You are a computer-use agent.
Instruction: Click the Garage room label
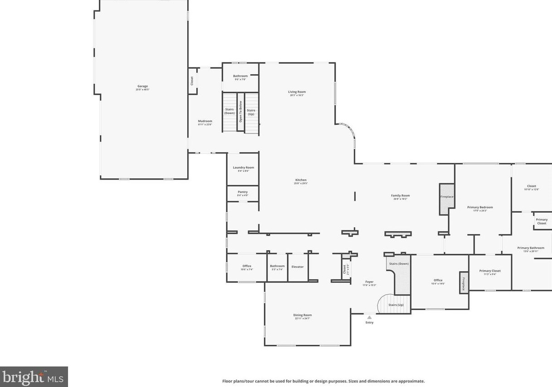point(143,87)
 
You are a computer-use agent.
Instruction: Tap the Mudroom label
point(205,122)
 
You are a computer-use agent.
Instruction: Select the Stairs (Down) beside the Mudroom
point(229,111)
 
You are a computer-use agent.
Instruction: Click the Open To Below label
point(241,111)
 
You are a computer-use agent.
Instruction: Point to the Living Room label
point(297,93)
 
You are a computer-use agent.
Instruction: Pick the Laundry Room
point(243,169)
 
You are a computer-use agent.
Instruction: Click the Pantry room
point(243,193)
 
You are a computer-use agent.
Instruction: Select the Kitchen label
point(300,181)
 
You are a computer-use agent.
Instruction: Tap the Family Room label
point(400,197)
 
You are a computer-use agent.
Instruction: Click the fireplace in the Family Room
point(446,197)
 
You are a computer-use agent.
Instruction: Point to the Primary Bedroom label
point(480,209)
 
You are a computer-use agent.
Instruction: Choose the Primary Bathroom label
point(530,249)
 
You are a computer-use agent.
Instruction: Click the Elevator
point(298,267)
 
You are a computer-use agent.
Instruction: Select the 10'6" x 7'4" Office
point(247,268)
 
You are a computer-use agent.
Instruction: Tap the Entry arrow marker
point(369,317)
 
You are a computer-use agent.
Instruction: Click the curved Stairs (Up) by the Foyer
point(395,305)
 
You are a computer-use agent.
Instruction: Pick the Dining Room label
point(302,316)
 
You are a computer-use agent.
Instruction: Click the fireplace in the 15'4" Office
point(464,282)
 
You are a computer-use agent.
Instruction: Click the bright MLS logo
point(34,377)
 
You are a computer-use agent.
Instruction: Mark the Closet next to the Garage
point(192,81)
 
